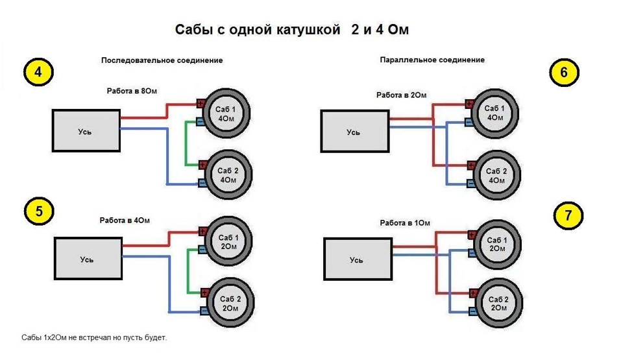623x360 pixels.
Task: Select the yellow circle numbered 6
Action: coord(563,73)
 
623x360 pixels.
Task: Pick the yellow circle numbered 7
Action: coord(568,216)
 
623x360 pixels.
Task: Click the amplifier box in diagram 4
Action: coord(86,130)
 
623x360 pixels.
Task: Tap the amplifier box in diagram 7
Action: coord(357,259)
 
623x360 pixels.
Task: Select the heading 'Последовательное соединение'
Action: coord(162,60)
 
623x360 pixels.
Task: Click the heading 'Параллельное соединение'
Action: coord(432,60)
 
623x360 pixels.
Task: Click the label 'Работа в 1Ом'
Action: coord(405,222)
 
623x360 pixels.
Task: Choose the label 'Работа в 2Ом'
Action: coord(401,95)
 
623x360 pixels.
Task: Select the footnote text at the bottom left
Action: coord(94,338)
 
